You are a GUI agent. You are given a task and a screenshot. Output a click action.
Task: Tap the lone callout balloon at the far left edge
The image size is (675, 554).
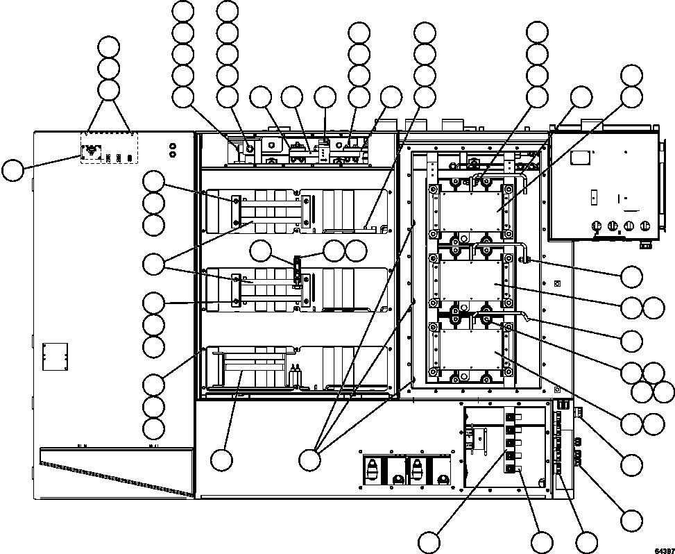[12, 170]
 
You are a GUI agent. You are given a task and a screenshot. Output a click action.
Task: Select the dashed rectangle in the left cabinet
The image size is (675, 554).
[110, 148]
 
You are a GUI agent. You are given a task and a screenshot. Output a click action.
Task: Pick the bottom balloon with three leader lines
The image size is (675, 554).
[310, 459]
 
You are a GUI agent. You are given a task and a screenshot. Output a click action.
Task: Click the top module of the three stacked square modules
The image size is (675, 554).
[469, 208]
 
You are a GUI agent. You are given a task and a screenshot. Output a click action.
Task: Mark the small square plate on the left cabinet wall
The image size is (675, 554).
[53, 355]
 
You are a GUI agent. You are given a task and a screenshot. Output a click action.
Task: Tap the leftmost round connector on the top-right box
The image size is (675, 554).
[595, 226]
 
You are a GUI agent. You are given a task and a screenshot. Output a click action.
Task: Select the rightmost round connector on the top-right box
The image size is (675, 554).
[647, 226]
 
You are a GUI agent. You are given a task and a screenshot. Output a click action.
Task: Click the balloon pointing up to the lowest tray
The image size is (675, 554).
[222, 459]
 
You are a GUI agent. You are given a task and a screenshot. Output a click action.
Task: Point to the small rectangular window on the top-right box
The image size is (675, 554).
[578, 158]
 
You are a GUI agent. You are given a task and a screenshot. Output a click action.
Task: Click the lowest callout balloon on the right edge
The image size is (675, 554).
[631, 521]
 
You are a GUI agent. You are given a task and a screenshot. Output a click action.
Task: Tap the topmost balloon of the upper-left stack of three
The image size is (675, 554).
[109, 47]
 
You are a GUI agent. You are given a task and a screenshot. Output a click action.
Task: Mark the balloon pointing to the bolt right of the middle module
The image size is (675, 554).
[631, 276]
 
